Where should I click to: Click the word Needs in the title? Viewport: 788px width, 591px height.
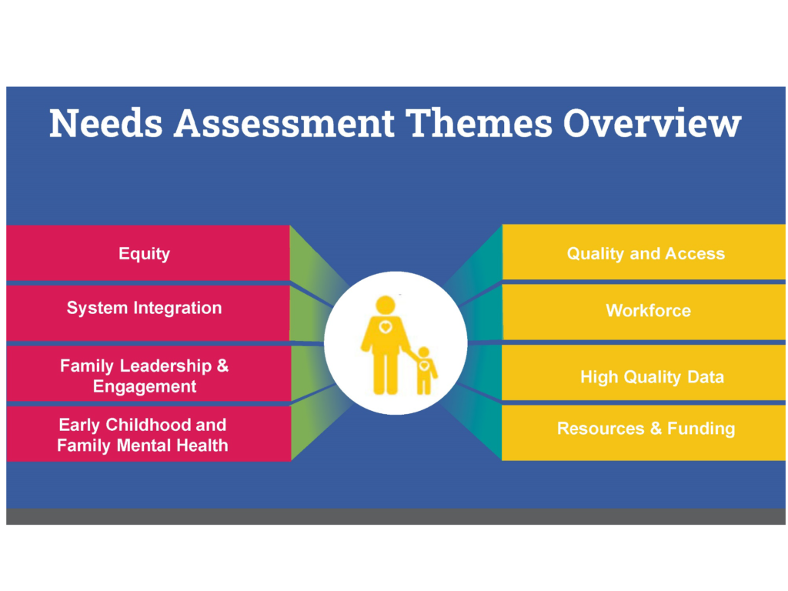[106, 123]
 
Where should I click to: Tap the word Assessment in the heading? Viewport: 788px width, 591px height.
[284, 123]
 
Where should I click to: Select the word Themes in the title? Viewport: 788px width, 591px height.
[479, 123]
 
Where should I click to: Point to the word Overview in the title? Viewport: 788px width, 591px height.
[653, 123]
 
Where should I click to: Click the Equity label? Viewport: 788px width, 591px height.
[144, 254]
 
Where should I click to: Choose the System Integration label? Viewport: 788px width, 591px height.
[144, 308]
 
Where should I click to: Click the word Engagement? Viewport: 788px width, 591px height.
[145, 386]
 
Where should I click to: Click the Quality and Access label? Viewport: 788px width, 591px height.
[646, 254]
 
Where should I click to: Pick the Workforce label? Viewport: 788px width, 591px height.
[648, 311]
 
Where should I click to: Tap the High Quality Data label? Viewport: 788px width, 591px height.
[653, 377]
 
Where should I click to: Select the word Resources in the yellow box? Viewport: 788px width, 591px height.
[600, 428]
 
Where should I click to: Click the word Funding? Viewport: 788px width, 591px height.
[701, 429]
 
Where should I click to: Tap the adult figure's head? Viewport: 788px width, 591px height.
[386, 305]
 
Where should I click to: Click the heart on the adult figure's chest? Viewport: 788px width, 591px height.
[386, 328]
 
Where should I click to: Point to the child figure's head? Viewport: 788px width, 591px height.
[424, 352]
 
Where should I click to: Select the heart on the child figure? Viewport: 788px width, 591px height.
[424, 366]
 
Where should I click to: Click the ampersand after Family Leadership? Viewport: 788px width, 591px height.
[222, 366]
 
